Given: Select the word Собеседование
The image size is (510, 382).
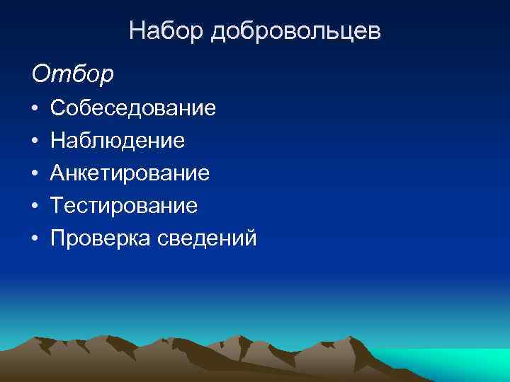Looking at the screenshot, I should pyautogui.click(x=133, y=108).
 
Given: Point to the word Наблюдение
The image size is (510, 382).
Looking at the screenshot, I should pyautogui.click(x=118, y=141).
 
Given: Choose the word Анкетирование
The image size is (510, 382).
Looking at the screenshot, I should pyautogui.click(x=130, y=173).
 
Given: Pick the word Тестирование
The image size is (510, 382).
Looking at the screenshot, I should pyautogui.click(x=124, y=206).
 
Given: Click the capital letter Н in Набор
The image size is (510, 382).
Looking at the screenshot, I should pyautogui.click(x=137, y=31).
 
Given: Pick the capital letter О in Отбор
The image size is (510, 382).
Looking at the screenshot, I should pyautogui.click(x=40, y=72).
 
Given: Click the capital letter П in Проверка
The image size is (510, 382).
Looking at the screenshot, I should pyautogui.click(x=58, y=238).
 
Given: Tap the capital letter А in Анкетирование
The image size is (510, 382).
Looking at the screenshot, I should pyautogui.click(x=58, y=173).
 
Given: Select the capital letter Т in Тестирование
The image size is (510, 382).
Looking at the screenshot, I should pyautogui.click(x=57, y=206).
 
